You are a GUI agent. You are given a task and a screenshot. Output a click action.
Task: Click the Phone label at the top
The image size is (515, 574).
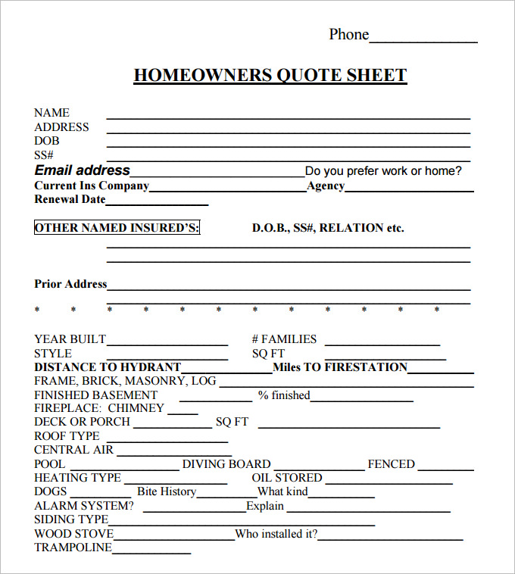(x=348, y=34)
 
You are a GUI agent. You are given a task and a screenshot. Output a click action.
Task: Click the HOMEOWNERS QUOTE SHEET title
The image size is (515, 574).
(x=270, y=75)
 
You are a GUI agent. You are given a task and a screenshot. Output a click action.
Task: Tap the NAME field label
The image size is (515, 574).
(x=51, y=113)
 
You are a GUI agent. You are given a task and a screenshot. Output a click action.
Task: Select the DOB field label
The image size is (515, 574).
(x=46, y=141)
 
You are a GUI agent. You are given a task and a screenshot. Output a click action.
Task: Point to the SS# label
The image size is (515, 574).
(x=44, y=155)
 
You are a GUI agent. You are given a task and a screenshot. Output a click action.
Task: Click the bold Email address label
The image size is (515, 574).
(x=83, y=170)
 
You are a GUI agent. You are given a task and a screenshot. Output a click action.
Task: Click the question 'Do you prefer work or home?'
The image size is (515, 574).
(x=382, y=171)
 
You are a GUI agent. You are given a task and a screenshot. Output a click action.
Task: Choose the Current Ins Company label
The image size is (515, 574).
(x=92, y=186)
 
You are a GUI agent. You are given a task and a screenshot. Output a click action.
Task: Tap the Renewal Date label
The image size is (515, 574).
(x=70, y=200)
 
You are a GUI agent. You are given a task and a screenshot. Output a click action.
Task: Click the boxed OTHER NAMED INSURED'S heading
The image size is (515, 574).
(x=117, y=228)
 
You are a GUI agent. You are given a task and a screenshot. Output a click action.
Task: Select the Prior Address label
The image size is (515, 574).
(x=70, y=284)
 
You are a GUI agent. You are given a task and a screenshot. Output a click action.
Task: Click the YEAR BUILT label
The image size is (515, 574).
(x=70, y=339)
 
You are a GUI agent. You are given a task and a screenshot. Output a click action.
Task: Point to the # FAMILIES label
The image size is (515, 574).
(x=284, y=339)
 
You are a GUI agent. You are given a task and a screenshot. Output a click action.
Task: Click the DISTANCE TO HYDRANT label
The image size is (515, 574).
(x=108, y=367)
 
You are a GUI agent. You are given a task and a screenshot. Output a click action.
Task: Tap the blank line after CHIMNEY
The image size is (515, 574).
(x=183, y=413)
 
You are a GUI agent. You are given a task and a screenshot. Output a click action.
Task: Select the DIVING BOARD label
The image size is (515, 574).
(x=226, y=464)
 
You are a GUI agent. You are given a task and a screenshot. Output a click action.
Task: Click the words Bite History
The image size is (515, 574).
(x=167, y=491)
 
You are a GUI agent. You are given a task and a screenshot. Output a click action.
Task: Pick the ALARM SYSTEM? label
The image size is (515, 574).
(x=84, y=506)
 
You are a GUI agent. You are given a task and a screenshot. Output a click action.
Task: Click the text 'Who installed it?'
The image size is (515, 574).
(x=276, y=534)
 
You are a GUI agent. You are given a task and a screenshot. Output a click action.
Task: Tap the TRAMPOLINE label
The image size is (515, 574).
(x=73, y=547)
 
